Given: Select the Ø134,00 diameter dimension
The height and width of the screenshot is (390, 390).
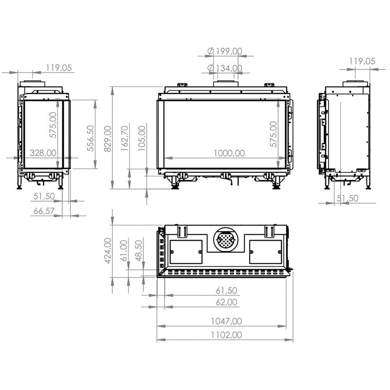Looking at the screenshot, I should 225,68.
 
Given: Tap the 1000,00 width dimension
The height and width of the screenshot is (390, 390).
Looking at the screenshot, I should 229,153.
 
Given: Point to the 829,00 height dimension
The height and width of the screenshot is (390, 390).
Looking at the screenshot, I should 108,138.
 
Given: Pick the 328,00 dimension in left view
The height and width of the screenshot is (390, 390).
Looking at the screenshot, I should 43,153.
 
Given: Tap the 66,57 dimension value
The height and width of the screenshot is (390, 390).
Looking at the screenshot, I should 44,211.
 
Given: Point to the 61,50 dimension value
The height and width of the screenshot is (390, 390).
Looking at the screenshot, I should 226,291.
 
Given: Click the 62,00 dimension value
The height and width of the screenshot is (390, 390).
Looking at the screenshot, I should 226,302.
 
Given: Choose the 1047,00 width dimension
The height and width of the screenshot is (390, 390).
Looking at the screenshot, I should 226,321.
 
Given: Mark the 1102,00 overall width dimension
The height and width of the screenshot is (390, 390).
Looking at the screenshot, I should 226,335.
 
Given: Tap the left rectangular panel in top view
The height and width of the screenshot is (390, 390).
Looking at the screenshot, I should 186,252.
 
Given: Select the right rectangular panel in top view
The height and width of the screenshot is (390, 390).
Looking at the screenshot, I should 265,252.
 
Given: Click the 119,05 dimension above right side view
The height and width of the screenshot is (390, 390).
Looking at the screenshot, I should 362,61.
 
